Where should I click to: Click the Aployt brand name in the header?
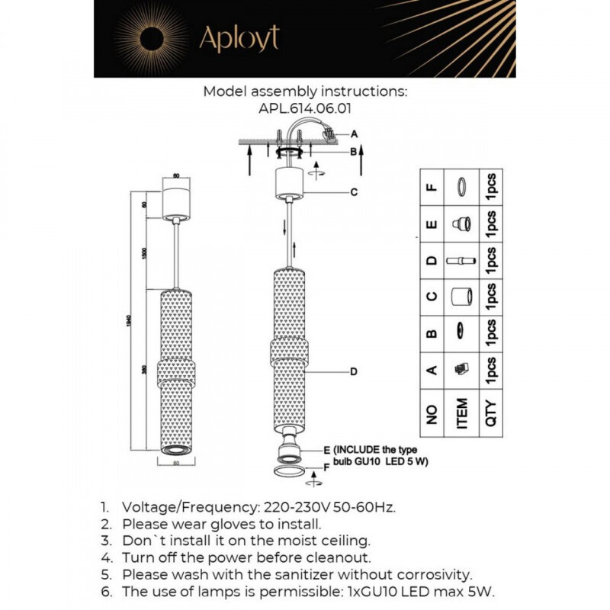pos(239,37)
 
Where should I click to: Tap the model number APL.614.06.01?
pos(305,108)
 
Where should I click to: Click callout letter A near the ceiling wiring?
pos(354,133)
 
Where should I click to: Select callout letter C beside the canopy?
pos(354,192)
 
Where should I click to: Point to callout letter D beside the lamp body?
pos(354,372)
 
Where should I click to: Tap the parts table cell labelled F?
pos(432,188)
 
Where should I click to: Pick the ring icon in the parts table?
pos(461,186)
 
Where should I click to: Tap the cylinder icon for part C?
pos(461,296)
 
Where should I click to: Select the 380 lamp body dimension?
pos(144,370)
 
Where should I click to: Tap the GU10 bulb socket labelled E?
pos(289,450)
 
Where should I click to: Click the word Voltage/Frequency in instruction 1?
pos(191,506)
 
